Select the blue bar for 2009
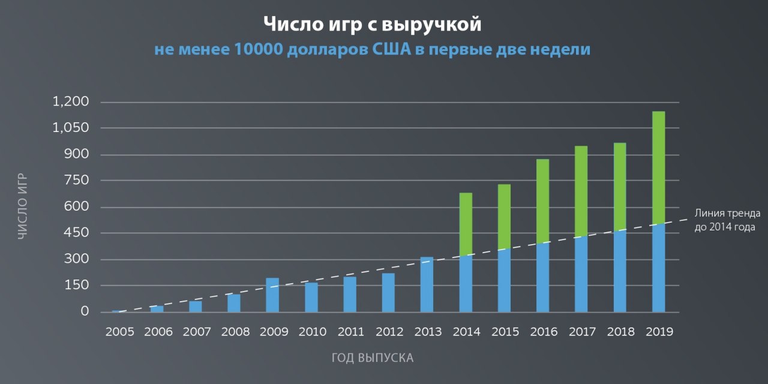click(x=272, y=295)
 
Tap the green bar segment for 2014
click(x=466, y=224)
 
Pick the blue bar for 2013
click(x=427, y=284)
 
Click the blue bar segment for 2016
click(x=542, y=277)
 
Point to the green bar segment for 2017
click(x=581, y=191)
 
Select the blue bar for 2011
click(x=350, y=295)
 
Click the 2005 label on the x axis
click(x=119, y=332)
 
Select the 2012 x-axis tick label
click(x=388, y=332)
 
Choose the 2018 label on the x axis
click(x=620, y=332)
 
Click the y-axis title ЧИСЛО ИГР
click(x=22, y=207)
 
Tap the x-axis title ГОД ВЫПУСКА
click(x=373, y=358)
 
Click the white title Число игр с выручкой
click(x=373, y=25)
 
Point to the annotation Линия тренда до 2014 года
click(x=727, y=220)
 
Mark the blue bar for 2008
click(x=234, y=303)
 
